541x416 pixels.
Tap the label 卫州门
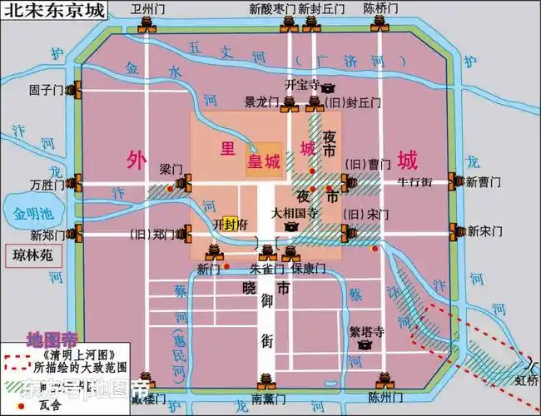pyautogui.click(x=147, y=8)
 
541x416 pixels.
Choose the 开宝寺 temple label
pyautogui.click(x=301, y=84)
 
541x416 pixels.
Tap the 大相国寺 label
pyautogui.click(x=295, y=212)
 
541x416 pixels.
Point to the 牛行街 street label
pyautogui.click(x=414, y=181)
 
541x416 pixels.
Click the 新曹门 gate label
pyautogui.click(x=483, y=181)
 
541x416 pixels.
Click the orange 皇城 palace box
pyautogui.click(x=261, y=163)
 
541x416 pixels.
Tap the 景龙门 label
pyautogui.click(x=261, y=103)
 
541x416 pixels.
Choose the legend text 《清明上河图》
pyautogui.click(x=67, y=352)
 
